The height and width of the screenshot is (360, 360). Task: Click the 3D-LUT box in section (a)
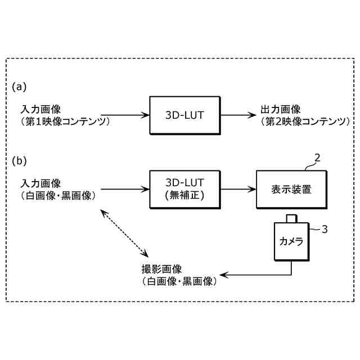pyautogui.click(x=184, y=115)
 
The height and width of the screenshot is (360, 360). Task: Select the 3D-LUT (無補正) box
pyautogui.click(x=184, y=190)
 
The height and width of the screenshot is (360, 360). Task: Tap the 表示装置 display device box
pyautogui.click(x=291, y=190)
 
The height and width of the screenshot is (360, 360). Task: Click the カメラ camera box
pyautogui.click(x=291, y=241)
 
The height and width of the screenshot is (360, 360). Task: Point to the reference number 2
pyautogui.click(x=318, y=159)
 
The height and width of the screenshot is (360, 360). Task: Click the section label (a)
pyautogui.click(x=20, y=87)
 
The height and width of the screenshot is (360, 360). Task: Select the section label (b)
pyautogui.click(x=20, y=161)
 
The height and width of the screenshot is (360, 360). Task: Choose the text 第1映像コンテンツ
pyautogui.click(x=64, y=120)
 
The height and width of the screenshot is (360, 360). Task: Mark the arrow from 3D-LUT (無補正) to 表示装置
pyautogui.click(x=237, y=190)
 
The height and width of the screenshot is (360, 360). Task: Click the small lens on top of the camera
pyautogui.click(x=291, y=218)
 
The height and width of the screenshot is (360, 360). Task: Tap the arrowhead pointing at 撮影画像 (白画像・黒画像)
pyautogui.click(x=223, y=275)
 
